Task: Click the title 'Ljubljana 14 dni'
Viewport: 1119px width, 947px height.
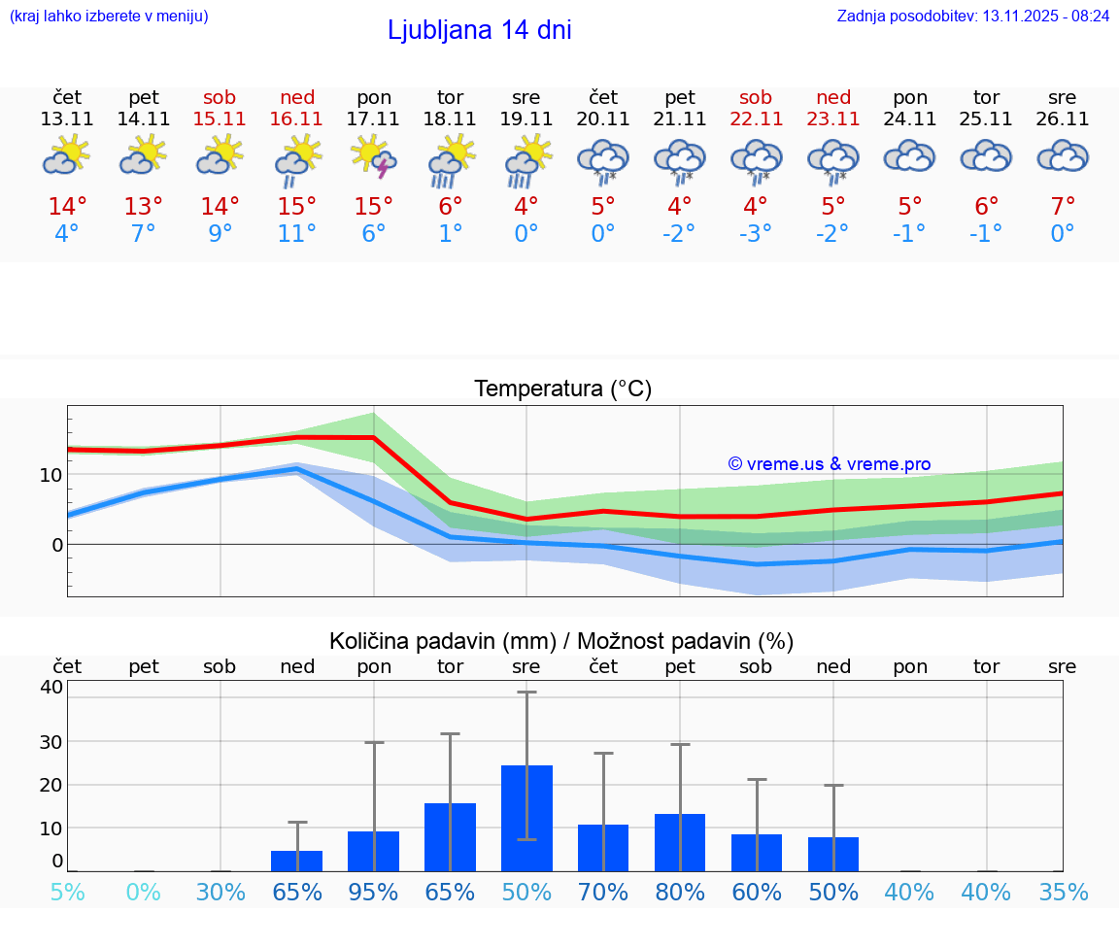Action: [479, 30]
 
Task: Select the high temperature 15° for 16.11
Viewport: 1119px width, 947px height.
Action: [297, 207]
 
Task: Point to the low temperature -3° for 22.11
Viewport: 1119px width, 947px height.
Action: [756, 234]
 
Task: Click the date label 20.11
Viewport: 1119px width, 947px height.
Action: [603, 119]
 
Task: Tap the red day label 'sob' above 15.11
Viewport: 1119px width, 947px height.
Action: [220, 97]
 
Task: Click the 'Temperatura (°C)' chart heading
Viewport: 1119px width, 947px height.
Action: [562, 389]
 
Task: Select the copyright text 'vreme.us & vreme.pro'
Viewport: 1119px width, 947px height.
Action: [829, 464]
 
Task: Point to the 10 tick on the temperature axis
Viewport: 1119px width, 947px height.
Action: [51, 475]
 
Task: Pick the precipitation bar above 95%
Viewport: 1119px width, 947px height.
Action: [374, 851]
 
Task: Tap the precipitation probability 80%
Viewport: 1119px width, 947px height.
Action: [680, 892]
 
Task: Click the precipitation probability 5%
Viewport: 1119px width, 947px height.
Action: [67, 892]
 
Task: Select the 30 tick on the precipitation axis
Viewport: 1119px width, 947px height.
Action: [51, 741]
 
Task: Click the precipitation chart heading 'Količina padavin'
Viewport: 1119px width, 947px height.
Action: [561, 641]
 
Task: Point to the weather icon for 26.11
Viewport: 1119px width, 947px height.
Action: [1063, 156]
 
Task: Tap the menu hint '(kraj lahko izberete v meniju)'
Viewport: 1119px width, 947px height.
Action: [109, 16]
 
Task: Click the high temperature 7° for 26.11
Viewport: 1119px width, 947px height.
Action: [1063, 207]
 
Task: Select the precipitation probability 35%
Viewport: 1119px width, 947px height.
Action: [1063, 892]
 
